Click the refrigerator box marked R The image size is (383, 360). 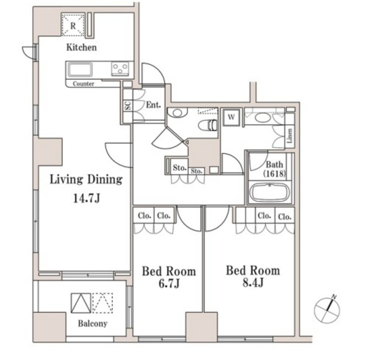(x=73, y=25)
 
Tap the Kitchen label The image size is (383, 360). (x=82, y=47)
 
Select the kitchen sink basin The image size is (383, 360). (x=80, y=70)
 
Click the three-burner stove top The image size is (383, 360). (x=120, y=68)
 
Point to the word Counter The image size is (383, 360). (x=83, y=84)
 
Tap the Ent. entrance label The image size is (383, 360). (x=153, y=105)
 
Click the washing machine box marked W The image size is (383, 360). (x=231, y=117)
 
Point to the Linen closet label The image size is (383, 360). (x=289, y=136)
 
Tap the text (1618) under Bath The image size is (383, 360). (x=274, y=173)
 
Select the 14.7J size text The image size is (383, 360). (x=87, y=198)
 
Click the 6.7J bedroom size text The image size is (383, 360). (x=169, y=283)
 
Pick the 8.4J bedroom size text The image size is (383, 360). (x=253, y=283)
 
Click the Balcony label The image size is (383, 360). (x=93, y=324)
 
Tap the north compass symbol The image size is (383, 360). (x=327, y=310)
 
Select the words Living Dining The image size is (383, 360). (x=86, y=179)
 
